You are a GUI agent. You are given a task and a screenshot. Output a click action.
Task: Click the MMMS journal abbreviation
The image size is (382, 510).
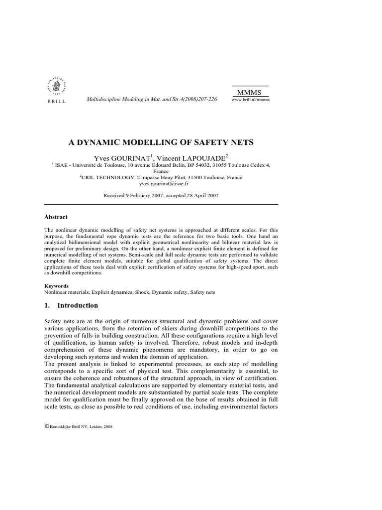point(250,93)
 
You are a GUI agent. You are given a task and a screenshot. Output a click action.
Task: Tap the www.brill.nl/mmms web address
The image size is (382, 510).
point(251,100)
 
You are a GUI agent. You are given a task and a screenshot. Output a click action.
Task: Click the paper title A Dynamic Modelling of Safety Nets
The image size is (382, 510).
point(161,142)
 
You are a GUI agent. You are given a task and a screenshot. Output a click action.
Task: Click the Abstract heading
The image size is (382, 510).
point(56,217)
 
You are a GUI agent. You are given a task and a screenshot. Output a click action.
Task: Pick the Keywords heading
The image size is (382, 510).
point(57,286)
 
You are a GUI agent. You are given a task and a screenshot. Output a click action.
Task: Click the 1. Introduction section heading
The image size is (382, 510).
point(71,305)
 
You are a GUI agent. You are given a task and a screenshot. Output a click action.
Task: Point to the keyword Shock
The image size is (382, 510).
point(145,292)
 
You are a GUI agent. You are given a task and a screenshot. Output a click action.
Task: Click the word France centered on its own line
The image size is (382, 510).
point(161,170)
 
